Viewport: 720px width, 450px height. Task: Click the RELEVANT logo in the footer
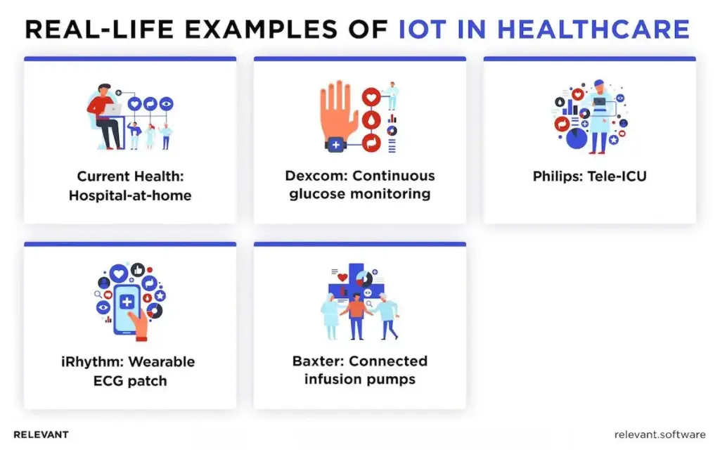(41, 435)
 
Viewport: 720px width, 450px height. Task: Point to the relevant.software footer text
(660, 435)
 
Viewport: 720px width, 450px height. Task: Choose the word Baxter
(318, 361)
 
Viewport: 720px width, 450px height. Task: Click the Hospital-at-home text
(130, 195)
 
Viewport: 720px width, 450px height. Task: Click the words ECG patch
(130, 381)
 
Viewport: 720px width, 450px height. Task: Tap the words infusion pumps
(360, 380)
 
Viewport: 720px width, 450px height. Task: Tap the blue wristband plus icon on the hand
(335, 145)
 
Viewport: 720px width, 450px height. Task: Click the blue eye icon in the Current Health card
(167, 104)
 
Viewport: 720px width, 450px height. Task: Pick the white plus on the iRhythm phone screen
(127, 302)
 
